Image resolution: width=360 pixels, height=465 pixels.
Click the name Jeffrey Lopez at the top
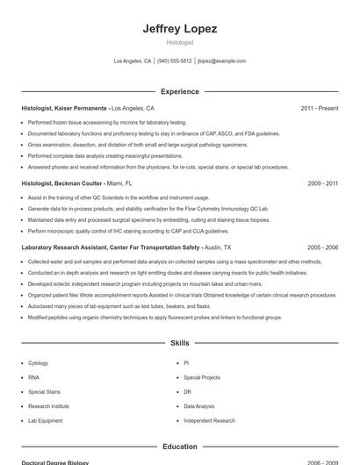tap(180, 28)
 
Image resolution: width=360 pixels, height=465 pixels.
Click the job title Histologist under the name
tap(180, 42)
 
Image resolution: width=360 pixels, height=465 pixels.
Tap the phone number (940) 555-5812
tap(174, 61)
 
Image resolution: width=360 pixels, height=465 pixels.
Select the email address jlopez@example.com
tap(221, 61)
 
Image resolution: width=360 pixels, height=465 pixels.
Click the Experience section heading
tap(180, 91)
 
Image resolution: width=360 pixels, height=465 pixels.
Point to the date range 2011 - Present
tap(319, 108)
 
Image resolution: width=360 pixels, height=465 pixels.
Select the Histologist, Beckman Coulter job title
tap(61, 183)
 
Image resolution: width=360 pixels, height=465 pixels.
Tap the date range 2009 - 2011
tap(322, 183)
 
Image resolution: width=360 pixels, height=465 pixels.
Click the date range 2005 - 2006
tap(322, 247)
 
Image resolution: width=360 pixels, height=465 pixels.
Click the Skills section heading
tap(180, 343)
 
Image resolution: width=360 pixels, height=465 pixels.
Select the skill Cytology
tap(39, 362)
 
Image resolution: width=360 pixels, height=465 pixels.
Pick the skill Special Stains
tap(44, 391)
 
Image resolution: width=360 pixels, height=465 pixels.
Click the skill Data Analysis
tap(199, 406)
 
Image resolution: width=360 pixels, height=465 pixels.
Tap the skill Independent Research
tap(209, 420)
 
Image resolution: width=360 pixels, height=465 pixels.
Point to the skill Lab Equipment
tap(46, 420)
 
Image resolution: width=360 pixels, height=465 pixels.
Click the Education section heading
tap(180, 447)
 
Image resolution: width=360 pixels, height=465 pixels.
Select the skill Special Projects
tap(202, 377)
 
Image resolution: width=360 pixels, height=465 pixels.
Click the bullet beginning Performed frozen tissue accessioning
tap(107, 122)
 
